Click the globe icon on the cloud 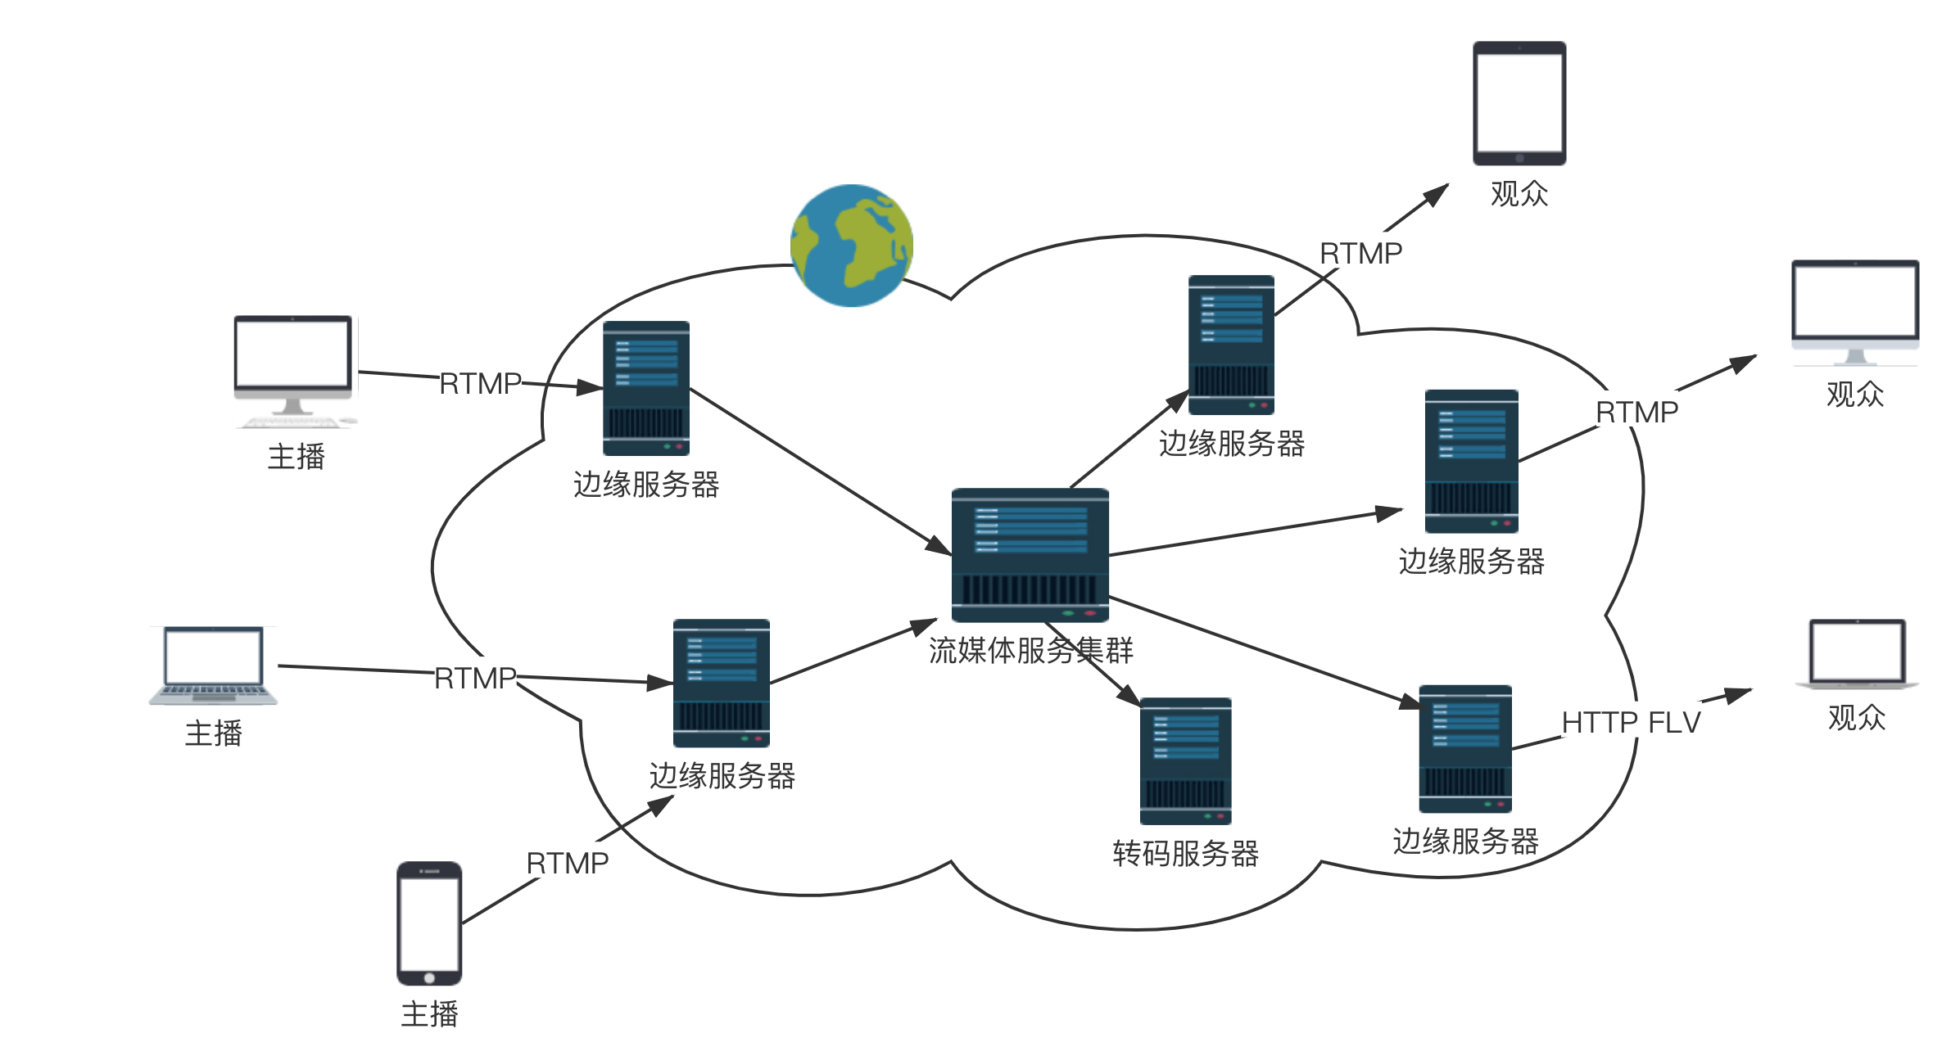tap(851, 246)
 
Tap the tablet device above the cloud tap(1519, 103)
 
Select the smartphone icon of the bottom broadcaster tap(429, 923)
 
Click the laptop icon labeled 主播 tap(213, 665)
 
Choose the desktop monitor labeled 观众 tap(1855, 311)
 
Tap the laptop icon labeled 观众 tap(1857, 653)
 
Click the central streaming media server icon tap(1030, 554)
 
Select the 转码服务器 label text tap(1185, 854)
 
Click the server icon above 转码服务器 tap(1185, 760)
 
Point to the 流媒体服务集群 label tap(1030, 651)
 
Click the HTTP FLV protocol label tap(1631, 723)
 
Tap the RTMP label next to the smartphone tap(567, 863)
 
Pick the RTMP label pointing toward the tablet tap(1360, 254)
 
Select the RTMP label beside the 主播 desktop tap(480, 383)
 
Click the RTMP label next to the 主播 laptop tap(475, 678)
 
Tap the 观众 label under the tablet tap(1519, 194)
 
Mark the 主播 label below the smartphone tap(429, 1014)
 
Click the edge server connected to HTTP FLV tap(1465, 748)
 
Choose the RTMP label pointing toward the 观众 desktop tap(1636, 412)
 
